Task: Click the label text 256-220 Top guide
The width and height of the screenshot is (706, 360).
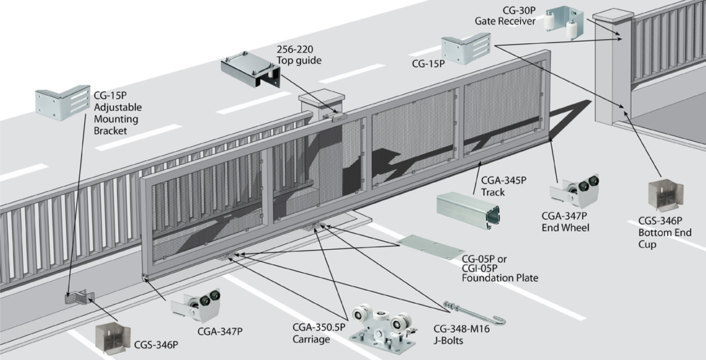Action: pos(299,55)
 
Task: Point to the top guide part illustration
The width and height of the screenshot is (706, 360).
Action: pos(248,71)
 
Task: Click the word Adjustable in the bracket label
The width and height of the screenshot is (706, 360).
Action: pos(119,107)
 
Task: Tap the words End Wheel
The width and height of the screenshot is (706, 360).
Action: pos(566,228)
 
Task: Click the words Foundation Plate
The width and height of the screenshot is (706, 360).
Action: pos(500,278)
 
